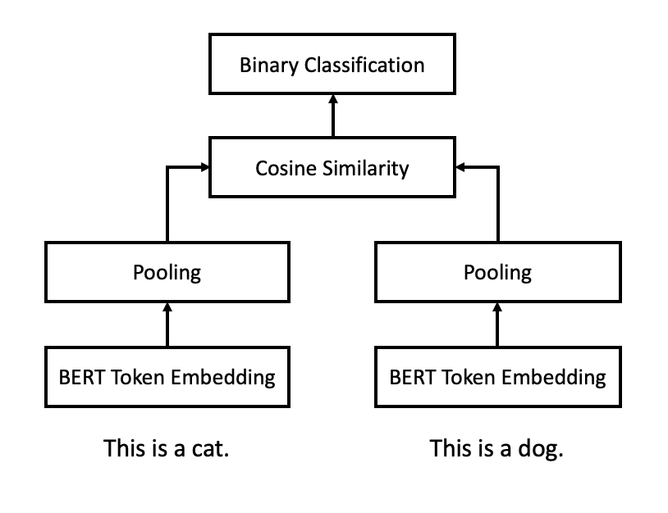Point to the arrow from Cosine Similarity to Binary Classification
click(333, 116)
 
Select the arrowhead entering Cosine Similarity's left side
click(205, 167)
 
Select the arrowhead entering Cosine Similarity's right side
click(460, 167)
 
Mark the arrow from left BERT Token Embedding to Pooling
click(167, 325)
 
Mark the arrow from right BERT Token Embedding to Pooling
click(497, 325)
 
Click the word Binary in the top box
click(269, 66)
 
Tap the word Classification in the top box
click(364, 65)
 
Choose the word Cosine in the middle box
click(286, 168)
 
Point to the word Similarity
click(365, 169)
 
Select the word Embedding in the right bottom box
click(553, 378)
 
